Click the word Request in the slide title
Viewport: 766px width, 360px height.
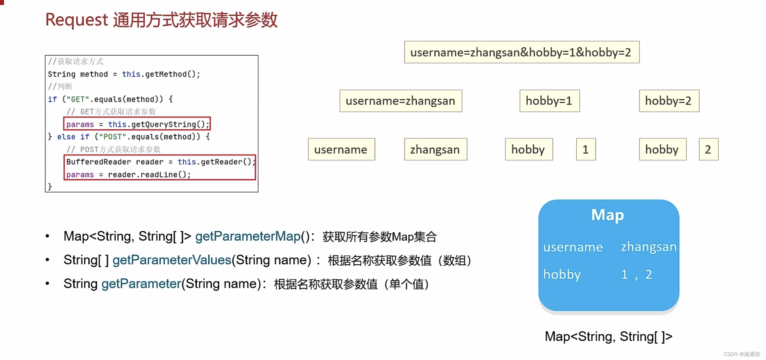[x=77, y=20]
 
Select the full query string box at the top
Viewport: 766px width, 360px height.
[x=521, y=52]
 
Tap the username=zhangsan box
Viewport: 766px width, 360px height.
[x=400, y=101]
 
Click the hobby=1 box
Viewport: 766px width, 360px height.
[x=549, y=101]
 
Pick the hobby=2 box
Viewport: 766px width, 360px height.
[x=669, y=101]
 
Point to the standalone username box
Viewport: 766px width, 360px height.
[x=341, y=150]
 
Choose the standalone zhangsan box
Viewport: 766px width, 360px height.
[x=435, y=150]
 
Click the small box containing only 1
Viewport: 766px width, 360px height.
[x=586, y=150]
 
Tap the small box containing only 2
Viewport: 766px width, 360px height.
[x=708, y=150]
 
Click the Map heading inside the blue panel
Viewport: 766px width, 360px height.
[x=608, y=215]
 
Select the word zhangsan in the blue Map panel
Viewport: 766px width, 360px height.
[x=648, y=247]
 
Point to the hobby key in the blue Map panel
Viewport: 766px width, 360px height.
[x=562, y=275]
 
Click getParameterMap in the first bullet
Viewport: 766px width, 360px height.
[x=248, y=236]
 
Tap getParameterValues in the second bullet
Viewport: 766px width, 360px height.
[x=172, y=260]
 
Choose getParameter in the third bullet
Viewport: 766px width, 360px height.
[x=141, y=284]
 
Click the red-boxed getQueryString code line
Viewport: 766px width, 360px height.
[x=137, y=124]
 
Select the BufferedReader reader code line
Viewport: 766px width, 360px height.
[x=160, y=162]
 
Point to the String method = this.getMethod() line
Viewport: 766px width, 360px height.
[x=124, y=74]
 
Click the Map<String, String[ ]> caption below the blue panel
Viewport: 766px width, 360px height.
[x=608, y=337]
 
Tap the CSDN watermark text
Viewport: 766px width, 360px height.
[x=742, y=354]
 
